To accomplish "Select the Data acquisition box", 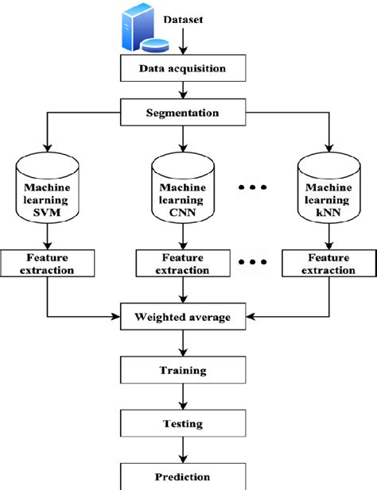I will (184, 68).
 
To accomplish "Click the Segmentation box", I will (183, 112).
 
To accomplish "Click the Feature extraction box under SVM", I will (49, 264).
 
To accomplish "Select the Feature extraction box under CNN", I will (184, 264).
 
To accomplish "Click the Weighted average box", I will (184, 318).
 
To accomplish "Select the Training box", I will (184, 370).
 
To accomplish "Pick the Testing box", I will (184, 424).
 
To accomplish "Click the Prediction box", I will (184, 476).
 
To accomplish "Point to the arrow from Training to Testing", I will (184, 397).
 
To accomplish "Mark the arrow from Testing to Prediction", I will (184, 450).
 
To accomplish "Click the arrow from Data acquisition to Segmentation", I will (184, 90).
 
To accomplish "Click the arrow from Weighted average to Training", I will (184, 344).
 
